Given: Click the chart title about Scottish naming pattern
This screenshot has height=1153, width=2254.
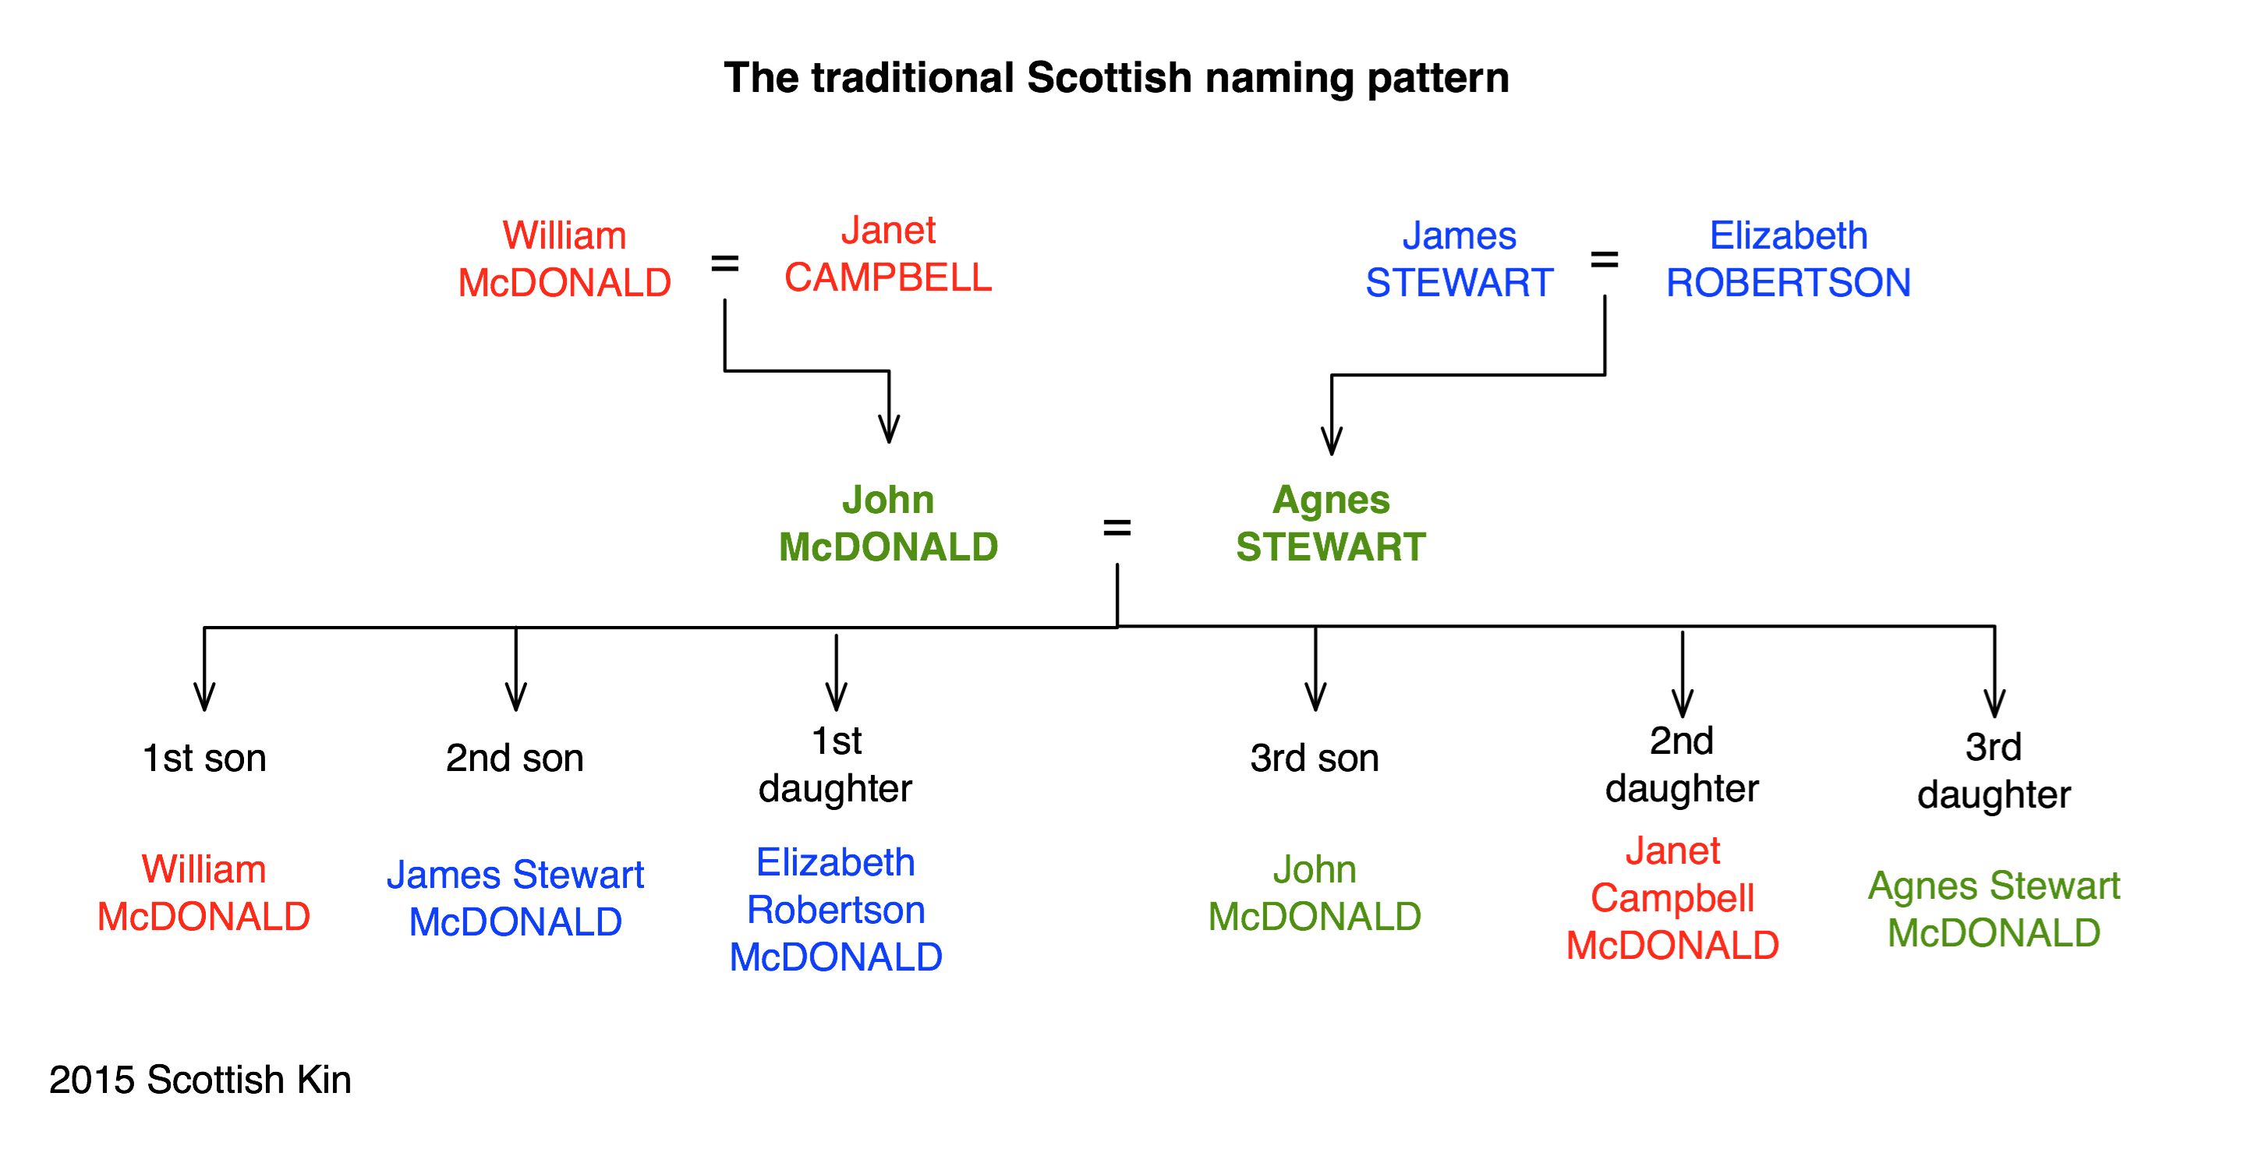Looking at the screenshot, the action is point(1116,79).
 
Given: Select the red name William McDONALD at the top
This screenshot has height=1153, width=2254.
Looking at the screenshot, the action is point(564,259).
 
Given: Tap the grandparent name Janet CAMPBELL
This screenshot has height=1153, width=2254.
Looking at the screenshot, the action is point(888,253).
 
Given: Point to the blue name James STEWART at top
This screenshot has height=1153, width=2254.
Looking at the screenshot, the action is point(1460,259).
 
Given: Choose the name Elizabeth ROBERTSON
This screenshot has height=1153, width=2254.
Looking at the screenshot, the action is point(1789,259).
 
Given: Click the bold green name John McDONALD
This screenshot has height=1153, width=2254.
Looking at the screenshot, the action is point(888,523).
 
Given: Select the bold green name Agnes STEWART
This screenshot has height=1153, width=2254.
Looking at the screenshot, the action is point(1331,523).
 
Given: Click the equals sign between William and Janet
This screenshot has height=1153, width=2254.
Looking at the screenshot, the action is point(724,263).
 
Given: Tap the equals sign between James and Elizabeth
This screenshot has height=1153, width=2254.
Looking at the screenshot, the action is point(1604,259).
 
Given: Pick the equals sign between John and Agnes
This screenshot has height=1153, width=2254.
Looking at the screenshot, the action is point(1117,528).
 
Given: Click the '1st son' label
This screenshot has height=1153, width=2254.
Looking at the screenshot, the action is point(203,759).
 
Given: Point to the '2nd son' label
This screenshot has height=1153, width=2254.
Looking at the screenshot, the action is point(515,759).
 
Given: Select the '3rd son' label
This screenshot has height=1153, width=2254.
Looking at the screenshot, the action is point(1315,759).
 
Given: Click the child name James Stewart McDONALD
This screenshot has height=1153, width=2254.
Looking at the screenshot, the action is point(515,898).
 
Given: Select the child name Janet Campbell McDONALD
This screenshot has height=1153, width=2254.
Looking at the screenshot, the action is point(1672,898).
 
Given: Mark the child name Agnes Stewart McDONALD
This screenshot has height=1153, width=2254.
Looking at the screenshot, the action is point(1994,909).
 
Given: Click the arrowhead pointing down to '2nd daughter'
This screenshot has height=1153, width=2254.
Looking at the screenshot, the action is point(1683,703).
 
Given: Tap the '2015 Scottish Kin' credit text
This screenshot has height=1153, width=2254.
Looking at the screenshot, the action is point(200,1080).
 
